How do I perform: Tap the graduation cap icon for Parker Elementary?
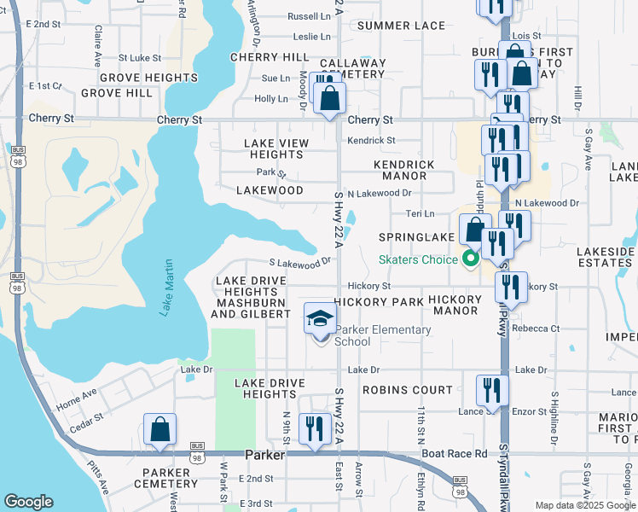319,319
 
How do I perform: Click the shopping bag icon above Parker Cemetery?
159,430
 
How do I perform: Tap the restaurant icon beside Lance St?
492,390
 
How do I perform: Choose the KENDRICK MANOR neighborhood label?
404,170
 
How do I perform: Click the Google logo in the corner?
29,502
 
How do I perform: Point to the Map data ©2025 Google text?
584,505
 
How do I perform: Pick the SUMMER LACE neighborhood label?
401,26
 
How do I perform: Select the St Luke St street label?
140,58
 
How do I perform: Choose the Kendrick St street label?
371,140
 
